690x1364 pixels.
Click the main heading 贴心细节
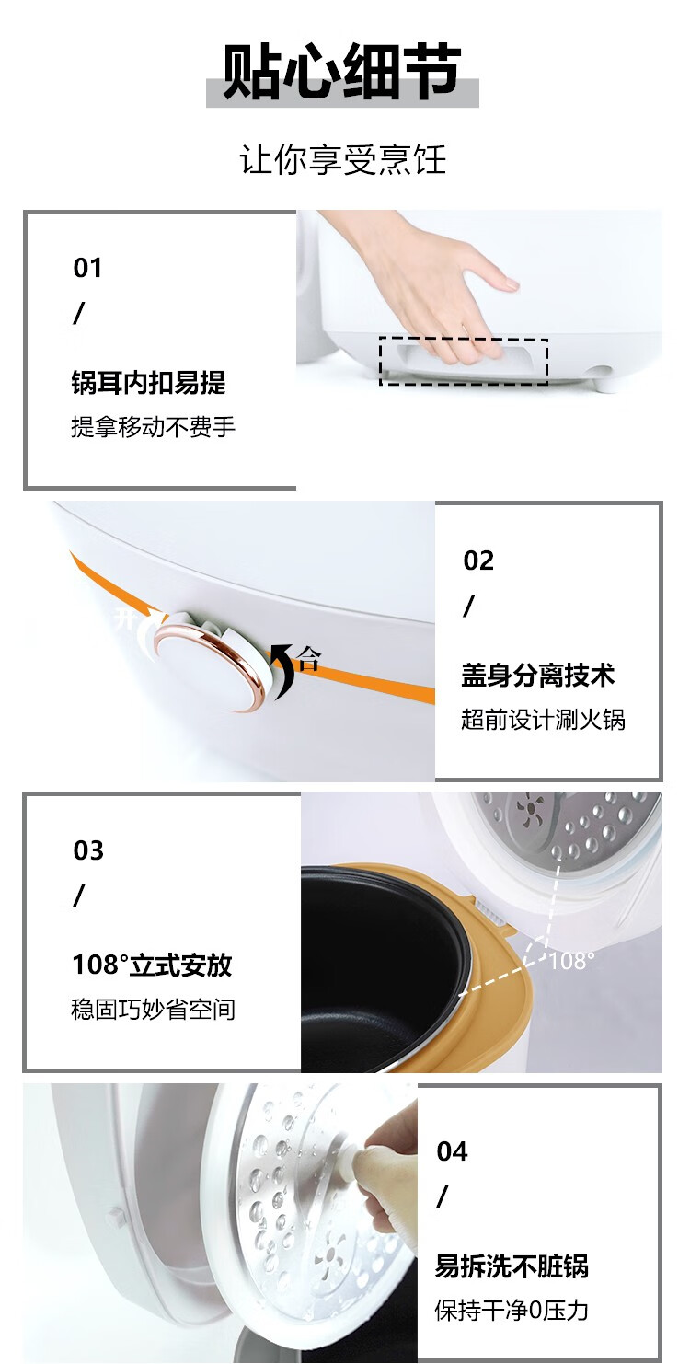click(342, 71)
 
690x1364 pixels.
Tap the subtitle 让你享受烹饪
click(343, 159)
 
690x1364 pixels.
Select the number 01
click(87, 268)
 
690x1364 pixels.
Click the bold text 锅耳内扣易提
click(148, 382)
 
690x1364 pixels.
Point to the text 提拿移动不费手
click(154, 427)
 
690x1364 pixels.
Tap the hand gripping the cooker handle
click(426, 286)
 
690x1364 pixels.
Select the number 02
click(478, 561)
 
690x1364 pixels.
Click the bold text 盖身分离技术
click(538, 676)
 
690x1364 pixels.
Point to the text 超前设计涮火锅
click(543, 719)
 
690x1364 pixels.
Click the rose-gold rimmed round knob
click(210, 666)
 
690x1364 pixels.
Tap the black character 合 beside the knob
click(309, 658)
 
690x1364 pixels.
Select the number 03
click(88, 850)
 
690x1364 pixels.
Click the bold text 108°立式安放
click(152, 965)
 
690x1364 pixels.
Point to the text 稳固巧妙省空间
click(154, 1010)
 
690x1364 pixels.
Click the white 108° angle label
click(571, 961)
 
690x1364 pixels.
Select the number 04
click(452, 1151)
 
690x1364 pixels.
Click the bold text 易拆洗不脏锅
click(512, 1266)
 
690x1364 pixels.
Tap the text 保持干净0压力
click(512, 1311)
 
